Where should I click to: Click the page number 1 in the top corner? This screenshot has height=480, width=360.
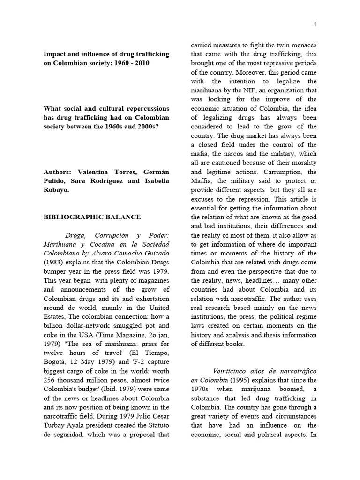315,24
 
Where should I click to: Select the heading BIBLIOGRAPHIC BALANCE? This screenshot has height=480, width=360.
92,217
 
